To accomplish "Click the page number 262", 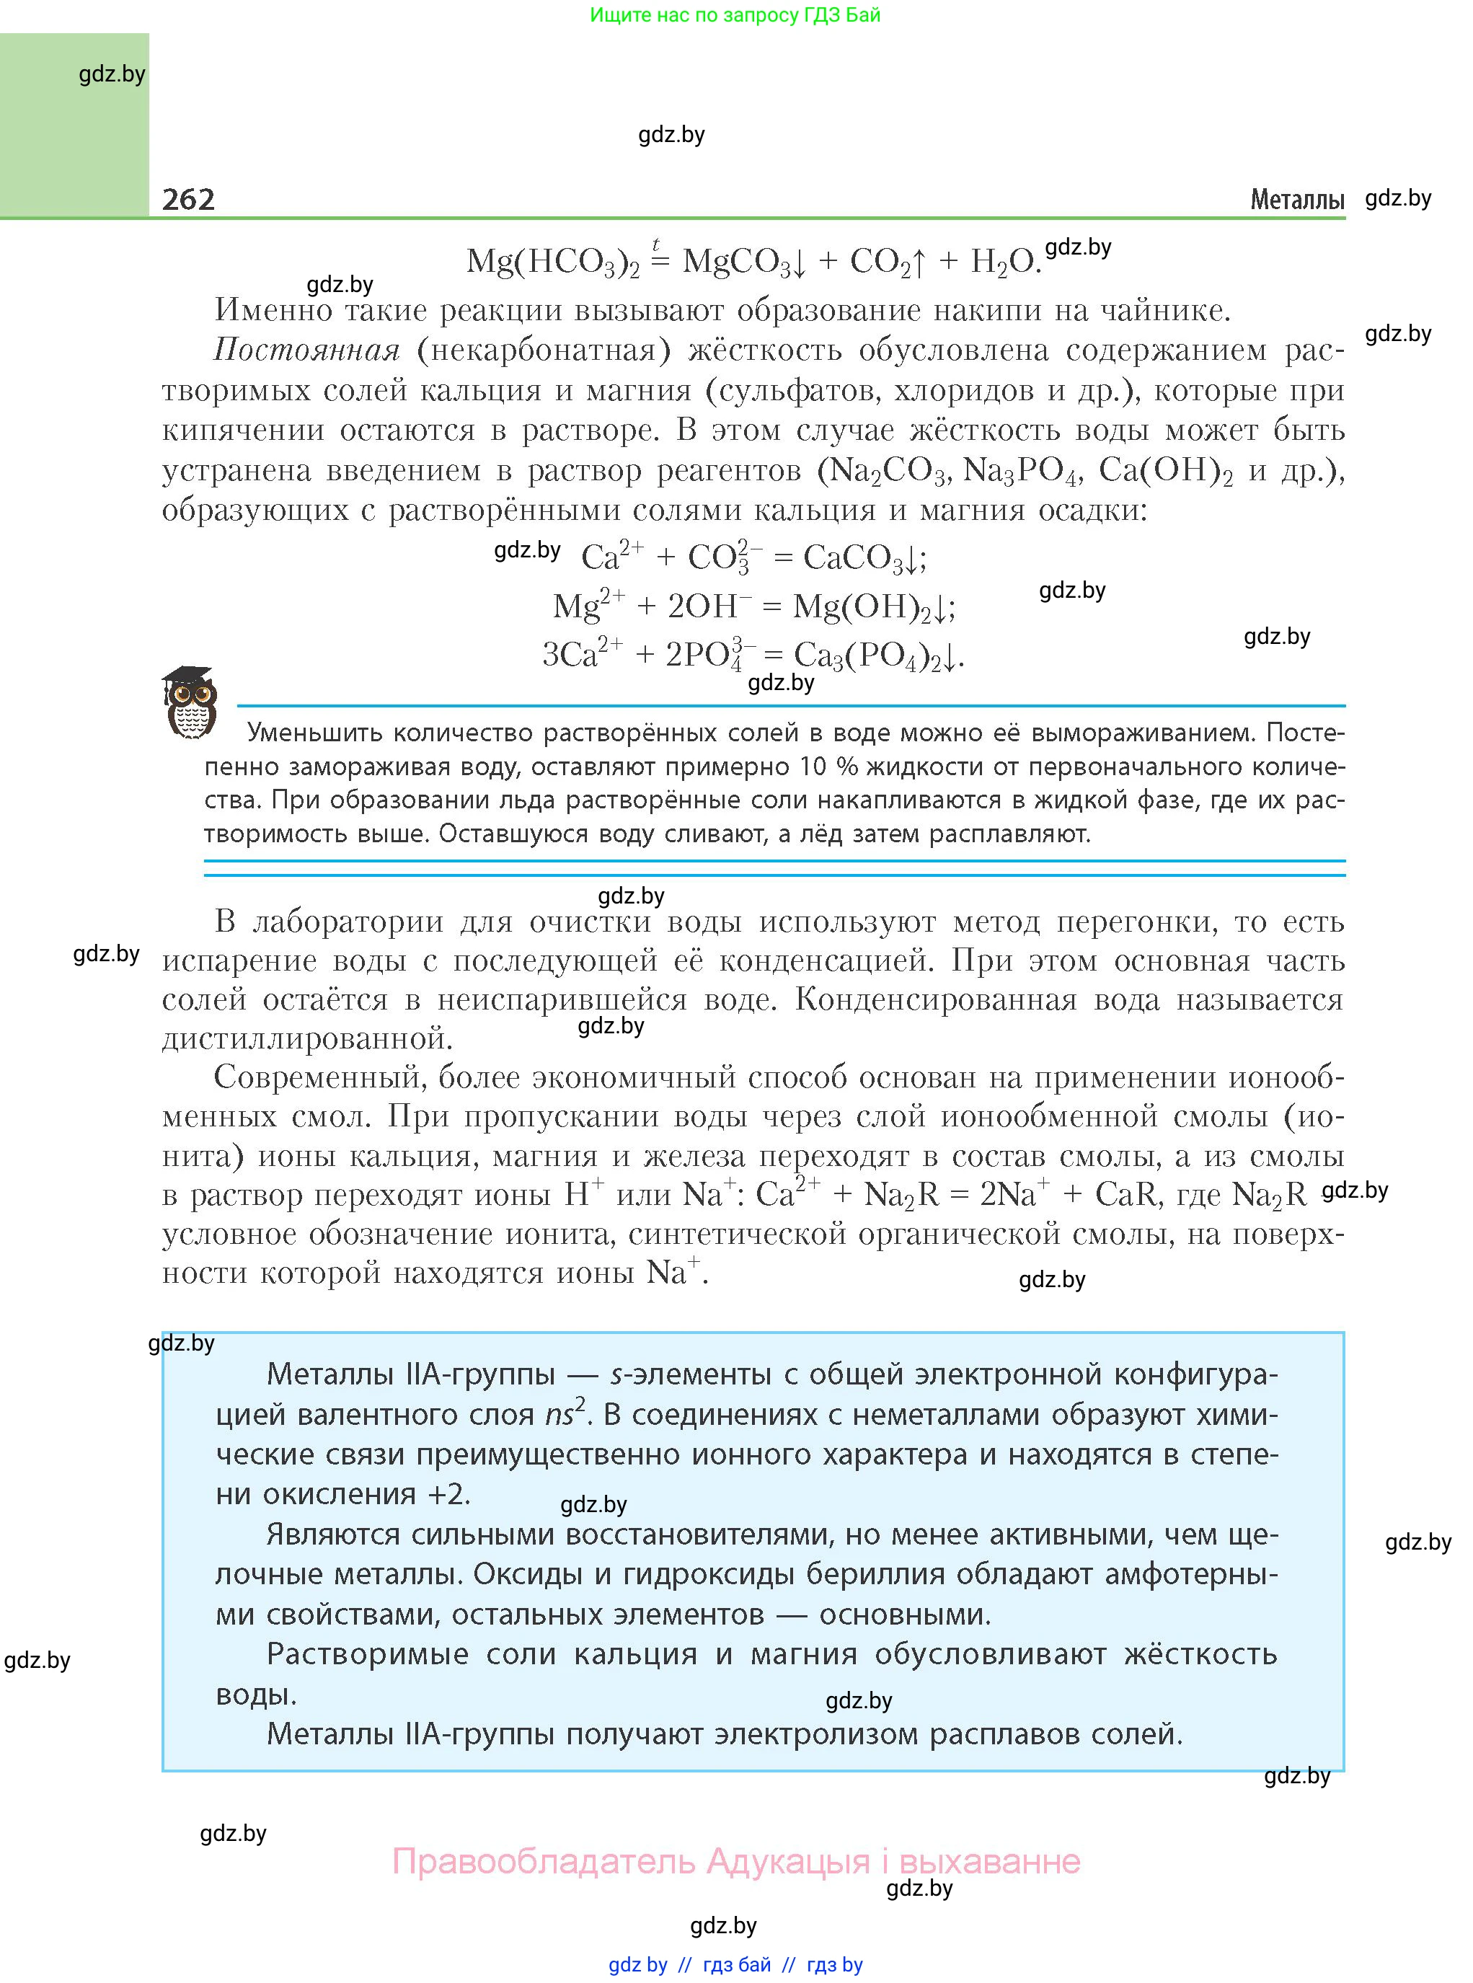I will click(x=188, y=199).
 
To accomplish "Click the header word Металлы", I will click(x=1296, y=200).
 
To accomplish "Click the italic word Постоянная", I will click(x=306, y=350).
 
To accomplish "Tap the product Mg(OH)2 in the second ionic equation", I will click(x=867, y=607).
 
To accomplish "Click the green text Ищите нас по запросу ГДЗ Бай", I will click(x=735, y=15).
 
